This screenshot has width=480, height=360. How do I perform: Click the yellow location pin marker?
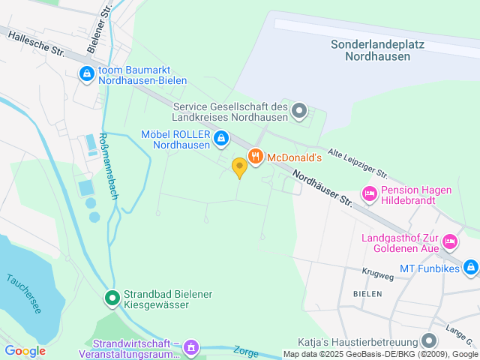pos(239,166)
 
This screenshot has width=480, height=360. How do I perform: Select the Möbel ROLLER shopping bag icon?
pos(221,138)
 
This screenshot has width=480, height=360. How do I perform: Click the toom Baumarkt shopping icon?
pos(87,74)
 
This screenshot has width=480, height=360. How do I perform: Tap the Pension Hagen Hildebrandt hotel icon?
pos(370,194)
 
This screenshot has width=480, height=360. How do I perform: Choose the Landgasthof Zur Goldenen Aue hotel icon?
pos(450,241)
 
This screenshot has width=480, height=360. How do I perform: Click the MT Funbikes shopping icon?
pos(470,266)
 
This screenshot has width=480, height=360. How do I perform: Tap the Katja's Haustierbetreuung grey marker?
pos(429,340)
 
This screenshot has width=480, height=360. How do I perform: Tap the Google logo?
pos(25,351)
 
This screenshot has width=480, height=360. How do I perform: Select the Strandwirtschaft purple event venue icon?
pos(191,346)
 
